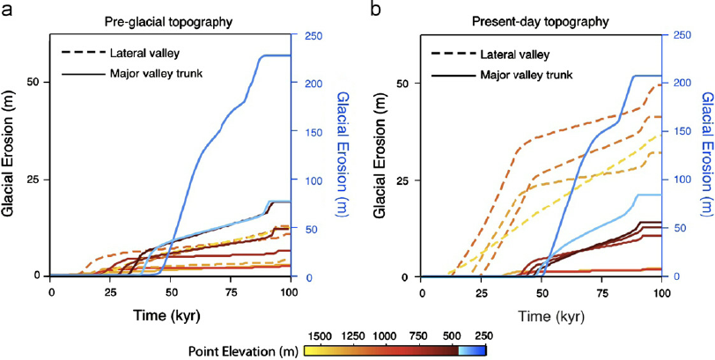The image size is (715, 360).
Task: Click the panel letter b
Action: tap(375, 10)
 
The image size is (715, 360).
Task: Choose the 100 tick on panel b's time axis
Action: tap(660, 291)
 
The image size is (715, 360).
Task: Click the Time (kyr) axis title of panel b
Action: tap(539, 313)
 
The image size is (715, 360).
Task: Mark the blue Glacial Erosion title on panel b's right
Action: tap(704, 155)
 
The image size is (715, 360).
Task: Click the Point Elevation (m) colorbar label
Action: tap(243, 349)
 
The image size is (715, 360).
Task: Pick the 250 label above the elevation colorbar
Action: tap(481, 335)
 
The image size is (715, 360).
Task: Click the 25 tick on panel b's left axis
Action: tap(408, 180)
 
